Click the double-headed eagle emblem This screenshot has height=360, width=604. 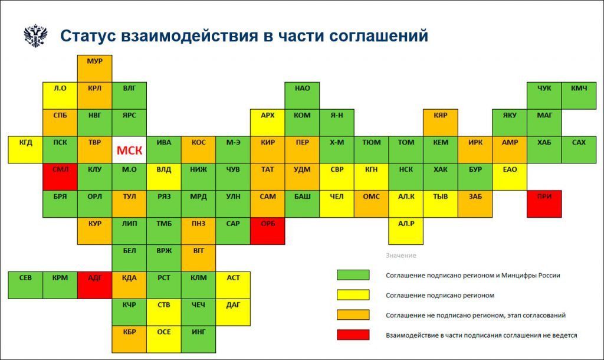click(35, 36)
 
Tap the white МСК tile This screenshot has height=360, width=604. click(129, 150)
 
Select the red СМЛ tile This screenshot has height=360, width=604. click(60, 177)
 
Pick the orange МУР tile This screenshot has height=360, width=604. click(95, 68)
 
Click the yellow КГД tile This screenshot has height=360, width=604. click(25, 150)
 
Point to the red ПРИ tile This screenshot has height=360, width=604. click(544, 204)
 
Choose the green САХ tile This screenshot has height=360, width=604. click(579, 150)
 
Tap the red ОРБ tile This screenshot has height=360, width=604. click(268, 231)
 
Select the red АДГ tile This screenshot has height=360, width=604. click(95, 285)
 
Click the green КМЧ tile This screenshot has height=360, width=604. click(579, 96)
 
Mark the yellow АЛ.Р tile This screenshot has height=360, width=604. click(406, 231)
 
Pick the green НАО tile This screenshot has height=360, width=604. click(303, 96)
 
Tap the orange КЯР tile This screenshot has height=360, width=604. click(441, 123)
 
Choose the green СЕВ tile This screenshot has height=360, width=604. click(25, 285)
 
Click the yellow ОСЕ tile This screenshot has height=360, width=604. click(164, 339)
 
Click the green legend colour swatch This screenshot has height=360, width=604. click(353, 275)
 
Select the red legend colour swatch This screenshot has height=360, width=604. click(353, 335)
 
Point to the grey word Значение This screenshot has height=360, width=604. click(401, 256)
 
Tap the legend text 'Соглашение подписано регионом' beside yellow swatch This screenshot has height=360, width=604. click(440, 295)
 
